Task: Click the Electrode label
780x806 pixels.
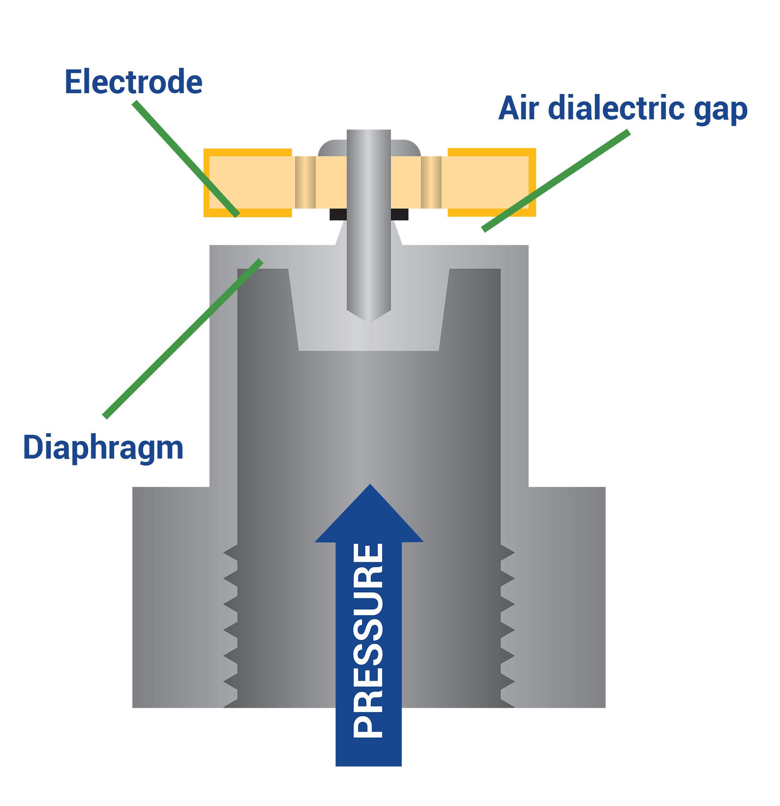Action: (x=133, y=82)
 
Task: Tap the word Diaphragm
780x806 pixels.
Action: (x=103, y=447)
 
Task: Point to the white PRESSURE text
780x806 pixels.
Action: (x=368, y=640)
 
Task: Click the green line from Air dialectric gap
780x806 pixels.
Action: (x=555, y=181)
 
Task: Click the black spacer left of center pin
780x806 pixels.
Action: (x=338, y=214)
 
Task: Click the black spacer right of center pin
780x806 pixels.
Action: (x=399, y=214)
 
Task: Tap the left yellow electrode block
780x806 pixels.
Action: (x=247, y=182)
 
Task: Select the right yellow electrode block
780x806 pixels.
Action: (x=492, y=182)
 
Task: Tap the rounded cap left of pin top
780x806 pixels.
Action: (x=331, y=149)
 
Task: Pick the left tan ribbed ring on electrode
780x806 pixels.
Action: (x=305, y=182)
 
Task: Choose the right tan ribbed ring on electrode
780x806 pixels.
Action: (x=431, y=182)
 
